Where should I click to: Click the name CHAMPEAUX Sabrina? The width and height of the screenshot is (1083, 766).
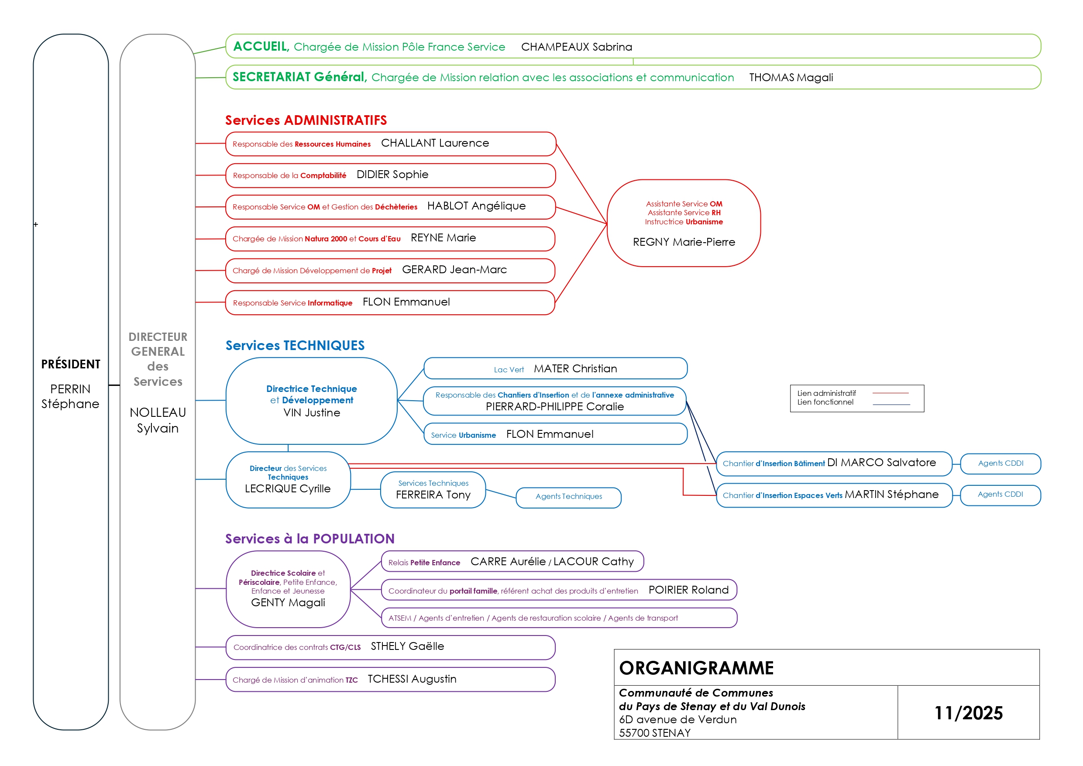click(x=576, y=47)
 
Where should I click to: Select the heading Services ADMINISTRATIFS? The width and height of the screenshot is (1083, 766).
click(x=306, y=120)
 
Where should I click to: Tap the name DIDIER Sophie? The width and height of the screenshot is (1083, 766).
click(x=392, y=175)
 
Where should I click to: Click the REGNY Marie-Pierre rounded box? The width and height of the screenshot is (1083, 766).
click(x=684, y=223)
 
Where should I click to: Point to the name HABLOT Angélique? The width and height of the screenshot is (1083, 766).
click(x=476, y=206)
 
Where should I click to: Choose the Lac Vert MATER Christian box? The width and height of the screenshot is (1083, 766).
click(x=555, y=369)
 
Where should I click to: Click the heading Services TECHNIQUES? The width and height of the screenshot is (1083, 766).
click(x=295, y=346)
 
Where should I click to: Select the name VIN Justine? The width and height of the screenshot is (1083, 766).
click(x=311, y=413)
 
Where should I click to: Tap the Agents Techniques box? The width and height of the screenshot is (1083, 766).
click(x=568, y=497)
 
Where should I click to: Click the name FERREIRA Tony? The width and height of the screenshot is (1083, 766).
click(x=433, y=495)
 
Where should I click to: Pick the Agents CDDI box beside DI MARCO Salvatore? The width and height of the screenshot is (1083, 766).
click(x=1000, y=463)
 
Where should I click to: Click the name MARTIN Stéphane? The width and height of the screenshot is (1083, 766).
click(x=891, y=495)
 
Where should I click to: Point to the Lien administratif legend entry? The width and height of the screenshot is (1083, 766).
click(x=826, y=393)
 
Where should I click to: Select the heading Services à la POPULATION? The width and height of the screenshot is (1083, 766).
click(x=309, y=539)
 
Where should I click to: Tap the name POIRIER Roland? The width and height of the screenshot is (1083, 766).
click(x=688, y=590)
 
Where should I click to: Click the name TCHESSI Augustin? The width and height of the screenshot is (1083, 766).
click(x=412, y=679)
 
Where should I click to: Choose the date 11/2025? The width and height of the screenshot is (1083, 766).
click(x=968, y=713)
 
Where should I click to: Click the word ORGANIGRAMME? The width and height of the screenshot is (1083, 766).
click(x=696, y=668)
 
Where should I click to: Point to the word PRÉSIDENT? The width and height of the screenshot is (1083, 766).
click(x=71, y=364)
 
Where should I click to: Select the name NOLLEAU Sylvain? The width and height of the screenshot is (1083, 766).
click(x=158, y=420)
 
